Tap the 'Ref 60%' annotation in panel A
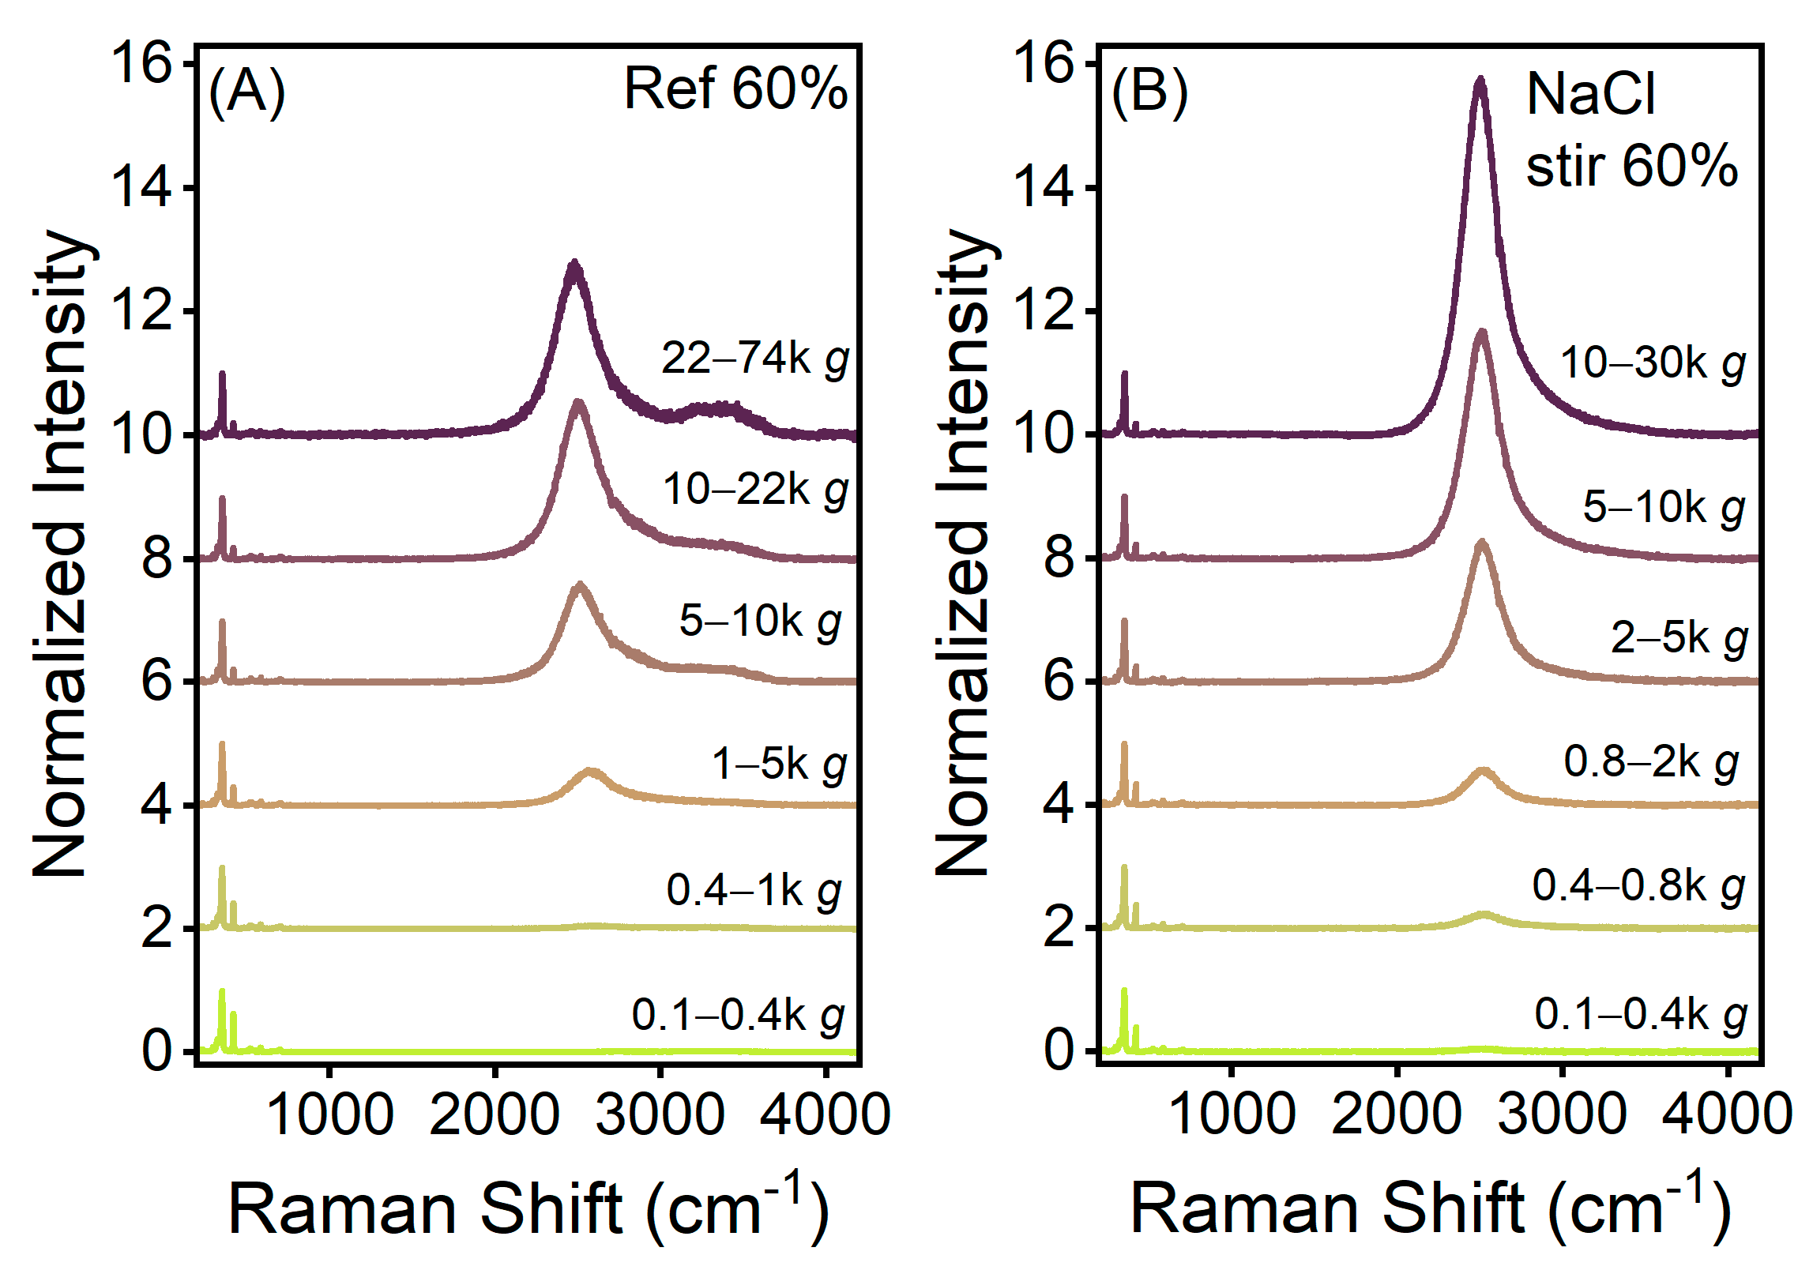point(735,88)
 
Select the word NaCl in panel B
point(1590,95)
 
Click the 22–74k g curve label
point(755,359)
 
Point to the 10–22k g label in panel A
point(755,490)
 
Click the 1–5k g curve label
point(779,764)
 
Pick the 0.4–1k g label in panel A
point(754,890)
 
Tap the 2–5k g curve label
point(1679,637)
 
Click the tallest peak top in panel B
point(1480,80)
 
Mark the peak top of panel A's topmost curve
point(574,263)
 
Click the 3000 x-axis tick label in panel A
point(660,1114)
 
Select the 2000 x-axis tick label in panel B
point(1396,1114)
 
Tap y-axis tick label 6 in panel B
point(1059,681)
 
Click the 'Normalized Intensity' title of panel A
point(60,553)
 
